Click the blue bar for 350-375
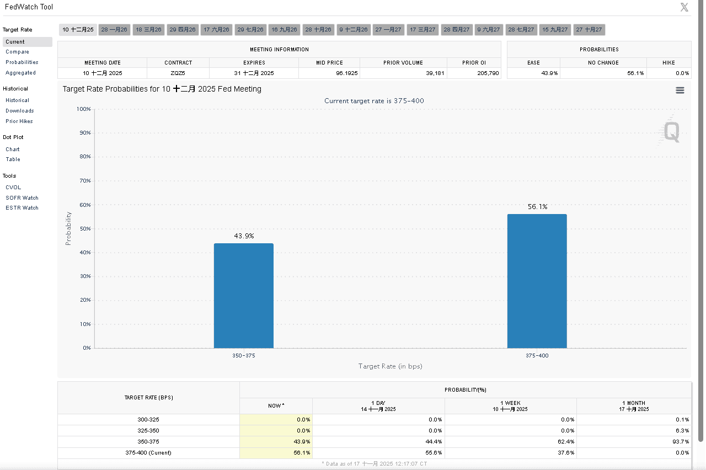click(243, 296)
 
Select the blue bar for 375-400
click(537, 281)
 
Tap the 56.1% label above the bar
click(537, 207)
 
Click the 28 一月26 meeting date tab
click(114, 30)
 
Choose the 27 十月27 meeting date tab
click(589, 30)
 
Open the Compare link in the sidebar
click(17, 52)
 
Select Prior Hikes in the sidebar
click(19, 121)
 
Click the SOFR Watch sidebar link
click(22, 198)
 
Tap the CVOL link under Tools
click(13, 188)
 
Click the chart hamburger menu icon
click(680, 90)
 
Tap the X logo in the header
click(684, 7)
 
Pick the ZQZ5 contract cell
click(178, 73)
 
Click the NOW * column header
click(276, 406)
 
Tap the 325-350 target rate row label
click(148, 431)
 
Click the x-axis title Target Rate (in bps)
click(390, 366)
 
